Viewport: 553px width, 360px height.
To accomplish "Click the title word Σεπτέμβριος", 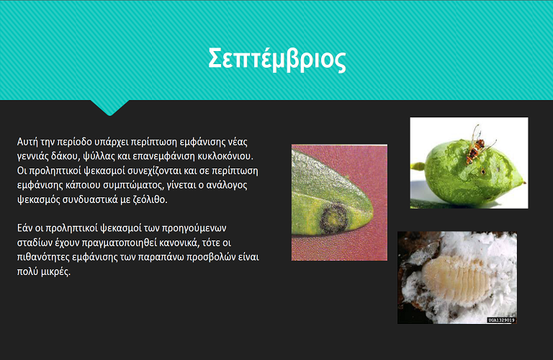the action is pos(276,59).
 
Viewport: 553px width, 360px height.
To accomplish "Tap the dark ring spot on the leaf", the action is pos(334,217).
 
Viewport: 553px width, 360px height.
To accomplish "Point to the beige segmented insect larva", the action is pos(457,279).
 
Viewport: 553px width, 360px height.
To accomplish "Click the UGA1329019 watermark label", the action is pos(501,320).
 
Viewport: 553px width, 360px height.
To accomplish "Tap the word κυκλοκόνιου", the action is pos(225,156).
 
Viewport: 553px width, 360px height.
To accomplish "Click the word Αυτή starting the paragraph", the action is pos(27,142).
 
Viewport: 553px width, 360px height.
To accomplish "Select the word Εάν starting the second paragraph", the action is pos(24,228).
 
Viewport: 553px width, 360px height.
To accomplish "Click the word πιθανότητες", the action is pos(43,257).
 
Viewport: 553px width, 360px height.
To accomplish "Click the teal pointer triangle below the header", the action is pos(109,107).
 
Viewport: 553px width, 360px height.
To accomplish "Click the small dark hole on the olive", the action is pos(483,172).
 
